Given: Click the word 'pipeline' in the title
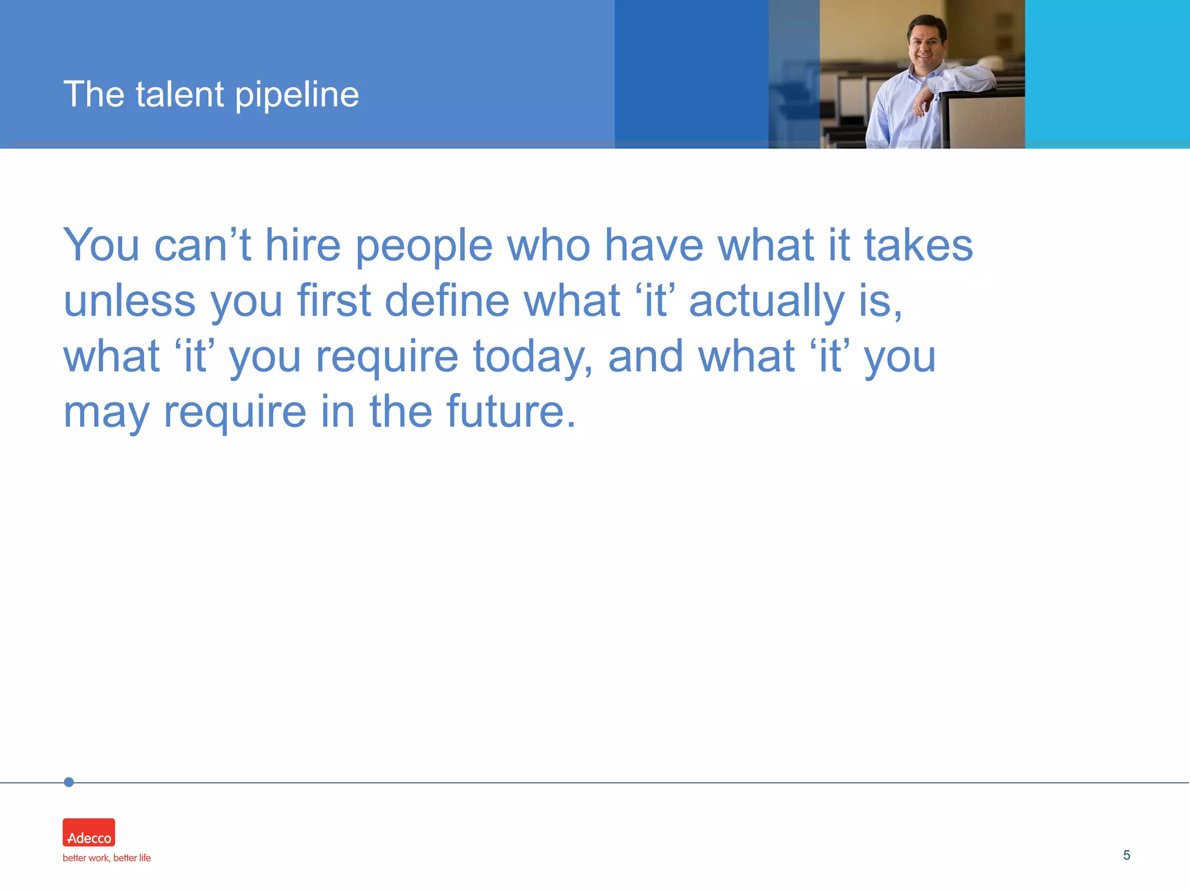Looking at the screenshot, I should pos(297,95).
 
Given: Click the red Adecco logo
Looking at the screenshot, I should pos(89,832).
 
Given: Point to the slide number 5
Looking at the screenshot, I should pos(1126,855).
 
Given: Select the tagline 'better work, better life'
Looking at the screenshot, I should pos(107,858).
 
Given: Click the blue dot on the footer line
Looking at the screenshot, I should pos(69,782).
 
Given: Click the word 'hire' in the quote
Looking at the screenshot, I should pos(303,245).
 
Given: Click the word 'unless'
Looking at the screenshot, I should pos(130,301).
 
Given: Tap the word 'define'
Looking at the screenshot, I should pos(447,301).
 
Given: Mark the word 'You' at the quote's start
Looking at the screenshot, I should pos(101,245).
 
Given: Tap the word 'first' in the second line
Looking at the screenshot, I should pos(334,301).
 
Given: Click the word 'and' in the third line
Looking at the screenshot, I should pos(645,357).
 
